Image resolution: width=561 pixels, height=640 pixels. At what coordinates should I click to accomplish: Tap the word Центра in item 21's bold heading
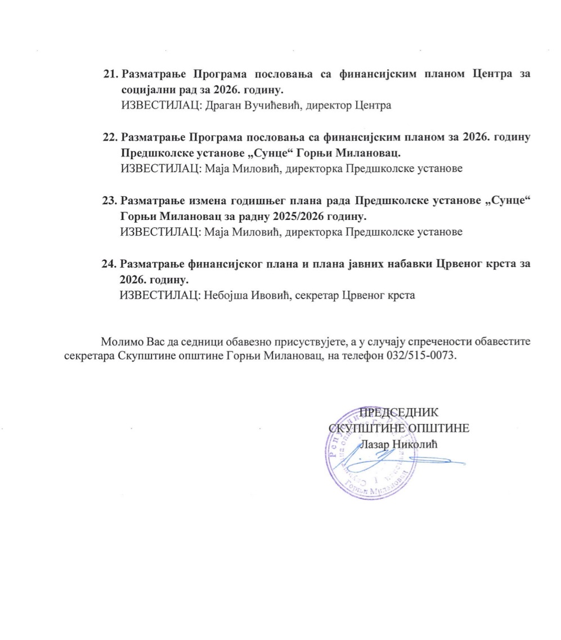tap(466, 74)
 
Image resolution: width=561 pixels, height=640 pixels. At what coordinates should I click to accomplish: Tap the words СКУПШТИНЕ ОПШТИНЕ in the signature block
tap(398, 427)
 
